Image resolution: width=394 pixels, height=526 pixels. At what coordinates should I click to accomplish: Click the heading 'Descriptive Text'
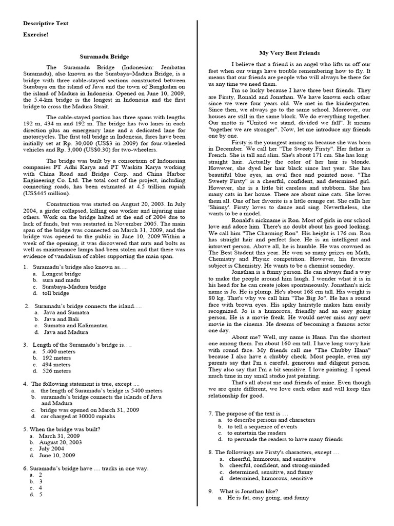click(46, 24)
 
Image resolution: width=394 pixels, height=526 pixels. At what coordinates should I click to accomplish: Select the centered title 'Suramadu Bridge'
click(105, 57)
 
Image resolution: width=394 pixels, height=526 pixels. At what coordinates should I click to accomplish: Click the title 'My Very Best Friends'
click(289, 53)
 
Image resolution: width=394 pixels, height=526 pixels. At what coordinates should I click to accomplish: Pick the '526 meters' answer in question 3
click(56, 370)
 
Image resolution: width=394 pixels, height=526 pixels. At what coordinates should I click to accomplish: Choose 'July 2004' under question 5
click(53, 448)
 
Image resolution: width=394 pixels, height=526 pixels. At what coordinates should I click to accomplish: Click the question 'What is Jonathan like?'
click(253, 491)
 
